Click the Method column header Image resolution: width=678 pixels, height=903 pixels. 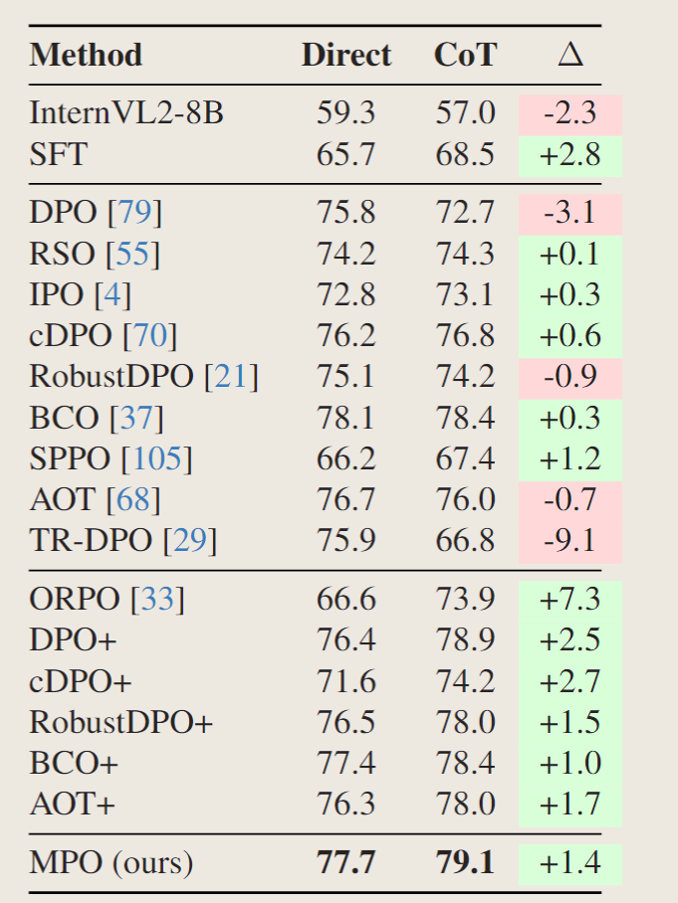coord(86,56)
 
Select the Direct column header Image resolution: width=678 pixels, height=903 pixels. coord(346,56)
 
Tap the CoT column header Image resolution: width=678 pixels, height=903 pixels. coord(465,56)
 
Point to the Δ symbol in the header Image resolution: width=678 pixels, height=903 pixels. coord(570,56)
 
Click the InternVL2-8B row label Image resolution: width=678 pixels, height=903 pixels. coord(126,112)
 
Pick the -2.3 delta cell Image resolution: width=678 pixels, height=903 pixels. coord(569,112)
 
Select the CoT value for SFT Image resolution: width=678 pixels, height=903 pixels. coord(465,154)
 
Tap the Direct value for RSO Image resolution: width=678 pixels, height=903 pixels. coord(345,254)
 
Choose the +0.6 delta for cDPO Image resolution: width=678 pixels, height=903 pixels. coord(569,335)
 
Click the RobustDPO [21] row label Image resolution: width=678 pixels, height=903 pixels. coord(143,377)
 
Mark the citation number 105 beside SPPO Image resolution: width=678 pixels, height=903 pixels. coord(157,458)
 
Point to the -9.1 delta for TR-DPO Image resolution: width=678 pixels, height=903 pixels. coord(569,540)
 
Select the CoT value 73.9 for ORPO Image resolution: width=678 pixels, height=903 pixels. coord(465,599)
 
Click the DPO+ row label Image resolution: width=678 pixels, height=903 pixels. coord(74,639)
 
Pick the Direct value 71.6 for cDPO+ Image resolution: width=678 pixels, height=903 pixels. coord(345,681)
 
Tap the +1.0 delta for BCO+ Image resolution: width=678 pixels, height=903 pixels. coord(569,763)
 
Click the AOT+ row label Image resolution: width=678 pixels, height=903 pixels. coord(72,804)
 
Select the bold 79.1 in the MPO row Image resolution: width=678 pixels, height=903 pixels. coord(465,862)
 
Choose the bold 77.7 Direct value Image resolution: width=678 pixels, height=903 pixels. coord(345,862)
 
